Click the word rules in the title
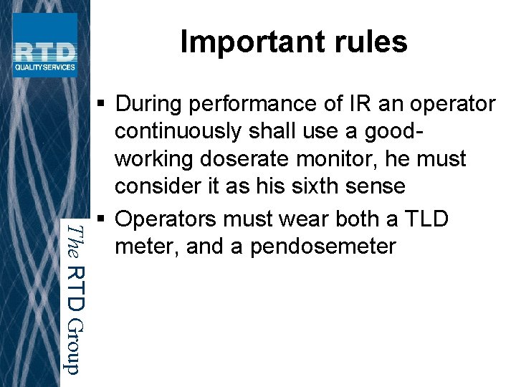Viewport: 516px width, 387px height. coord(372,42)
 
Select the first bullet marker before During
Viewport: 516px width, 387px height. coord(103,105)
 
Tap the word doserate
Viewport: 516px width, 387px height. coord(244,159)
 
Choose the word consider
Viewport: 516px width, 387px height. coord(153,186)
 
